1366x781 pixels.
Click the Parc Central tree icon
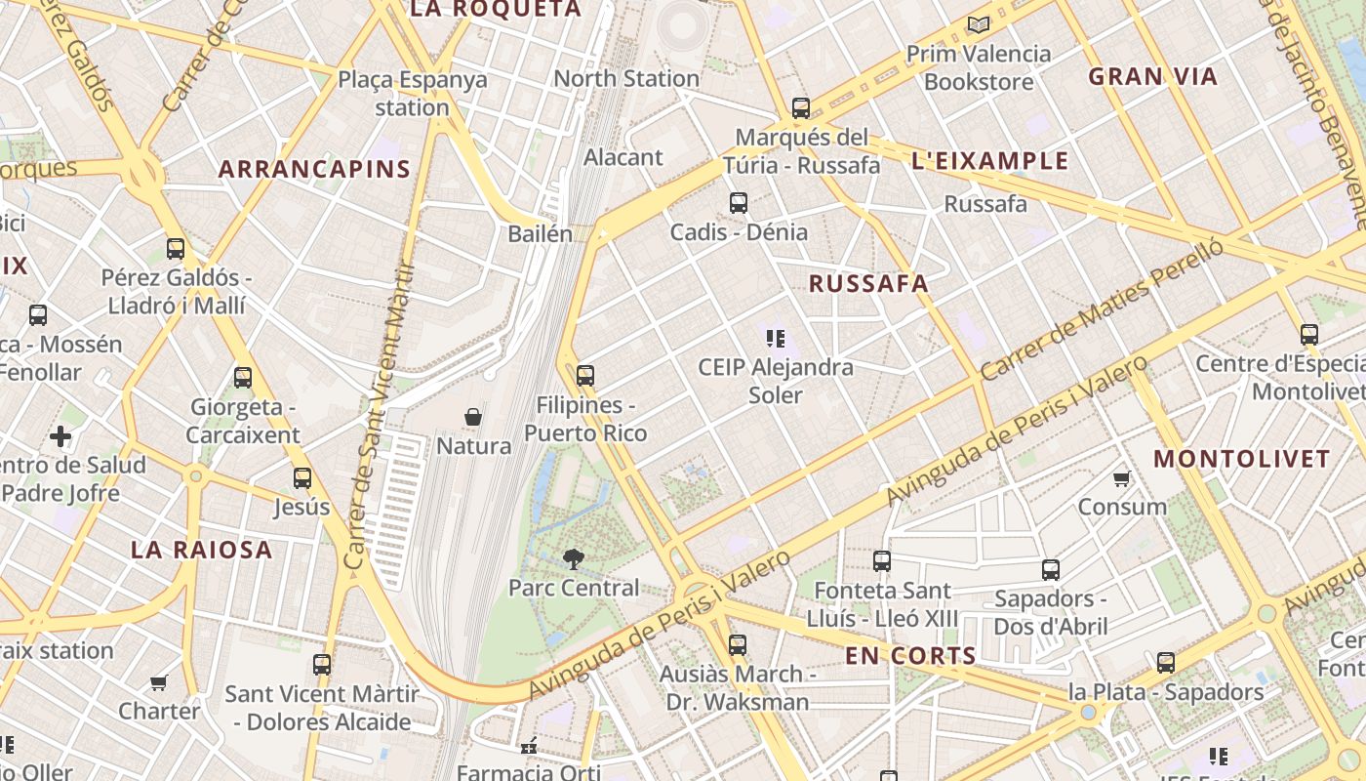pyautogui.click(x=574, y=558)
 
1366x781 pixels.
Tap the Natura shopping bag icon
pyautogui.click(x=473, y=417)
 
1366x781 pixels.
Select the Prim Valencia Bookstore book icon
pyautogui.click(x=978, y=24)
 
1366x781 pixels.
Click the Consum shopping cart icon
pyautogui.click(x=1122, y=478)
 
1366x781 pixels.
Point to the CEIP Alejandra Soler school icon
pyautogui.click(x=776, y=339)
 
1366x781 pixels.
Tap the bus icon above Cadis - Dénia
pyautogui.click(x=739, y=203)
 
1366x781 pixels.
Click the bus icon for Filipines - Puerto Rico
pyautogui.click(x=585, y=375)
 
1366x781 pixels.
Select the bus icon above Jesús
pyautogui.click(x=302, y=478)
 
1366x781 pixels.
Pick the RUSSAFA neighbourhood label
pyautogui.click(x=868, y=284)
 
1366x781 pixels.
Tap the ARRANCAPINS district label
pyautogui.click(x=314, y=169)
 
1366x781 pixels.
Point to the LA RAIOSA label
pyautogui.click(x=202, y=550)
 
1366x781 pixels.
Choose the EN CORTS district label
pyautogui.click(x=910, y=656)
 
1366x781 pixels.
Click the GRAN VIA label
pyautogui.click(x=1153, y=76)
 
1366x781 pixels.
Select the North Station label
pyautogui.click(x=626, y=78)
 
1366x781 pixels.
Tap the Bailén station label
pyautogui.click(x=540, y=233)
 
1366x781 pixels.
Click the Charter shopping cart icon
pyautogui.click(x=159, y=682)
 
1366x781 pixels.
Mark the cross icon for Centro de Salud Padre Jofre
pyautogui.click(x=60, y=436)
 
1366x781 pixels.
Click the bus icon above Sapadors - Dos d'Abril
pyautogui.click(x=1051, y=570)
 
